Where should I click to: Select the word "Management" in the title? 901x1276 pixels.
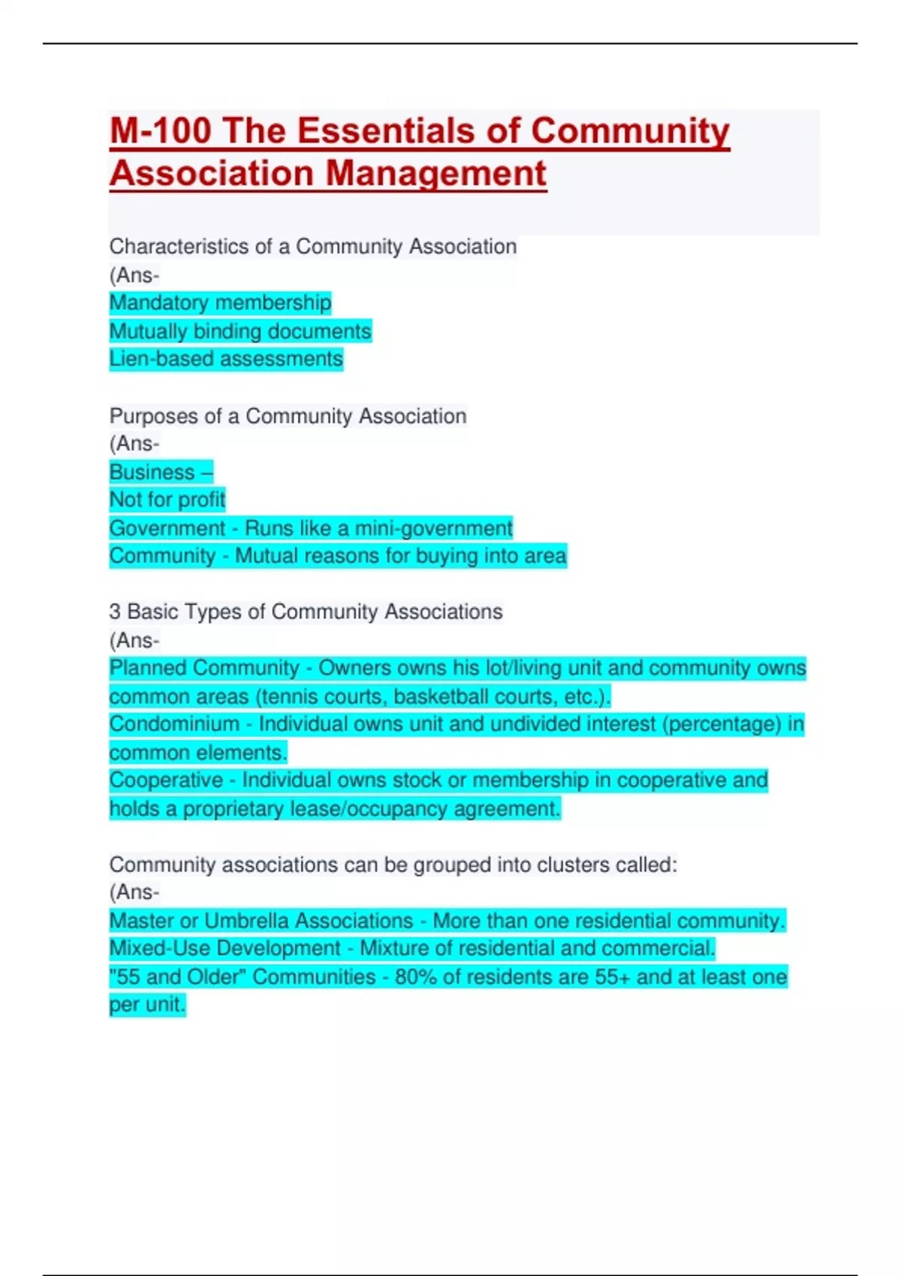(x=436, y=173)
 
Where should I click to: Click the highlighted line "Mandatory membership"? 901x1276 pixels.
(x=220, y=302)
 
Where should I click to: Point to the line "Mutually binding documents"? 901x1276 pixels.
(x=240, y=331)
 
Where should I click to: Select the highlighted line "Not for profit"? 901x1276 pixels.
(x=167, y=499)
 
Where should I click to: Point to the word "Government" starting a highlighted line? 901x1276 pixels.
(x=167, y=528)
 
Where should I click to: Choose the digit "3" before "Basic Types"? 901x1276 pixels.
(x=115, y=612)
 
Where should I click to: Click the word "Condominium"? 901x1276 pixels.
(x=174, y=724)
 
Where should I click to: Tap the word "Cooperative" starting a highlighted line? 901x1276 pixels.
(x=166, y=781)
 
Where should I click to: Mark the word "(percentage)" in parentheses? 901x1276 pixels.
(x=722, y=724)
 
